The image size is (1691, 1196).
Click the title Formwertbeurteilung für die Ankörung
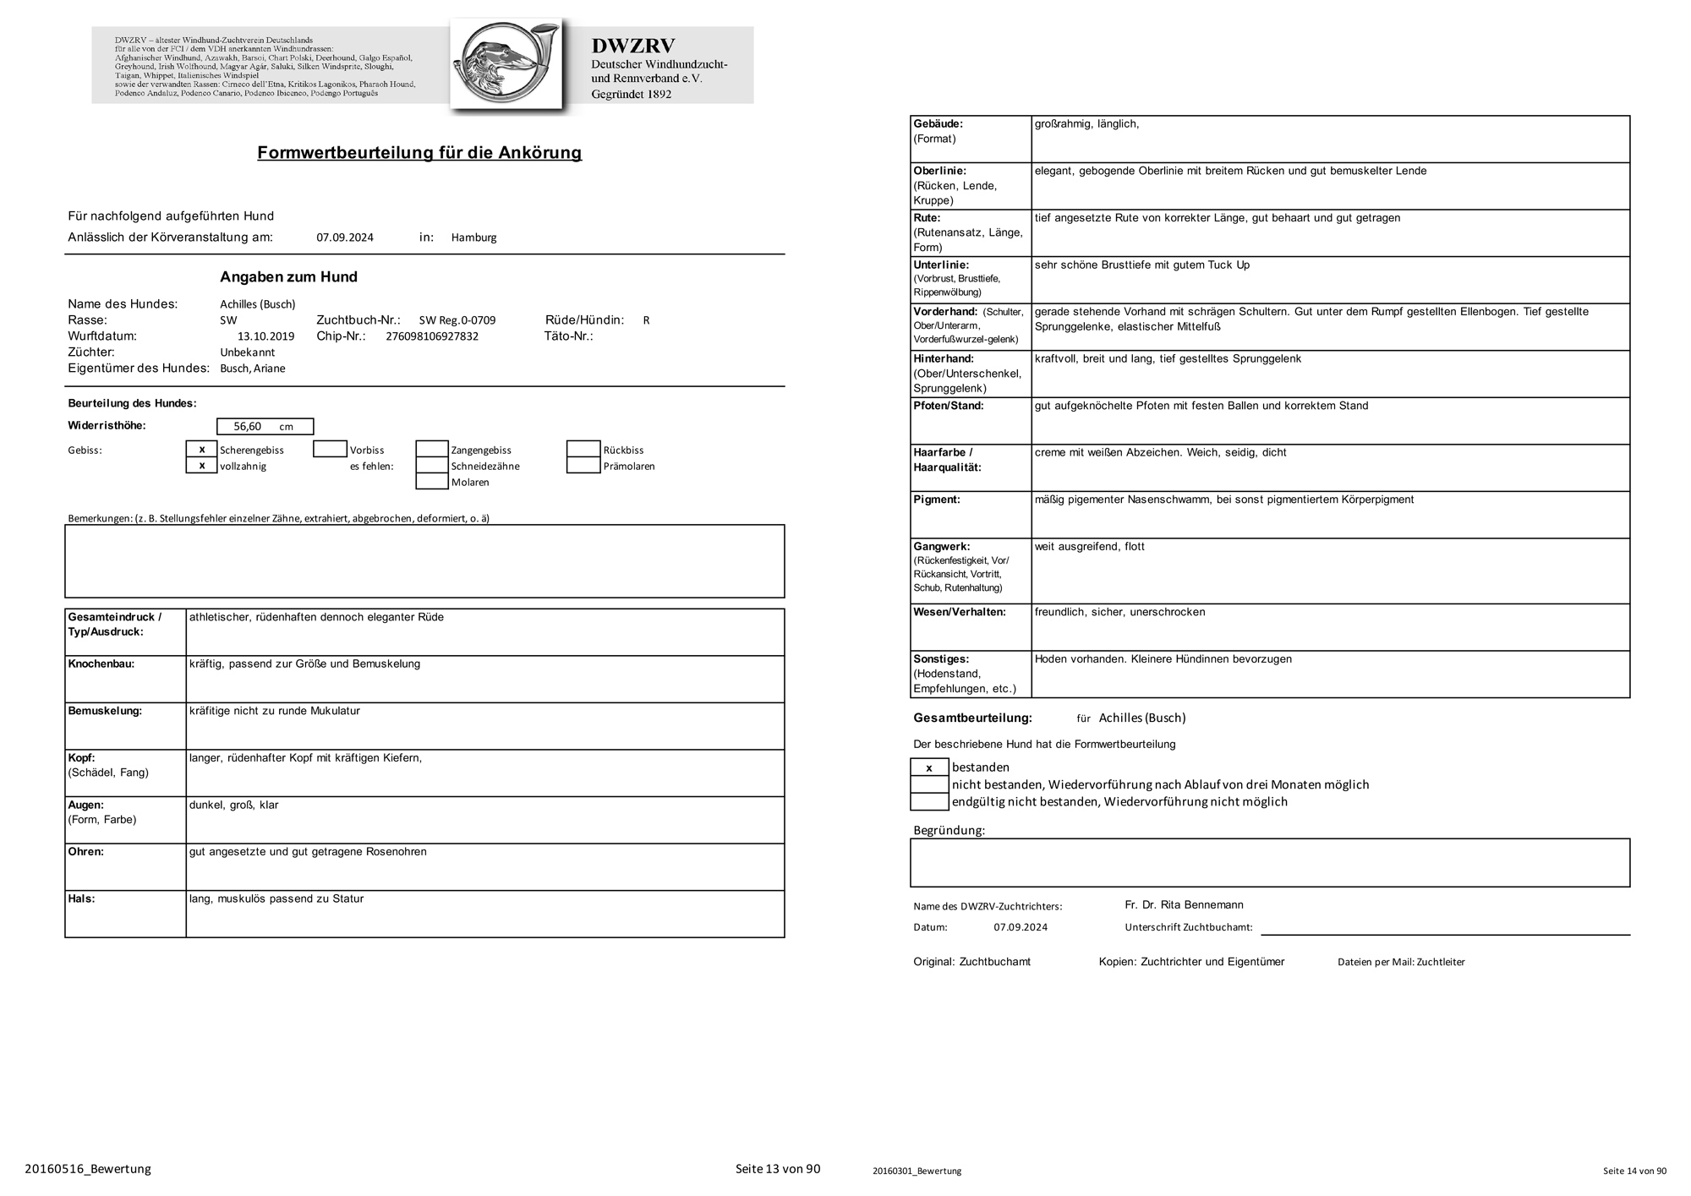419,153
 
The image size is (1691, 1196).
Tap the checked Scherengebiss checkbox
201,450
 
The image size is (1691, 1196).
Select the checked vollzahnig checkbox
201,466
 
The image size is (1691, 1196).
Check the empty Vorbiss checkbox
330,450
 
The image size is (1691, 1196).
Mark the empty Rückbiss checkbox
583,450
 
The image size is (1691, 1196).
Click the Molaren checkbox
431,482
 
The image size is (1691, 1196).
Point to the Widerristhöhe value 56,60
248,427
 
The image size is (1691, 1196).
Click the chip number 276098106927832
431,336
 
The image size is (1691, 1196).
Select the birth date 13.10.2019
265,336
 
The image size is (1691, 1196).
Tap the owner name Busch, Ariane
253,369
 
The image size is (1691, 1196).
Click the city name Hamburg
473,238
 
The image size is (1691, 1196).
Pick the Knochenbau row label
101,664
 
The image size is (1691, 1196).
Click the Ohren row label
85,852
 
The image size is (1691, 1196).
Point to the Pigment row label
936,500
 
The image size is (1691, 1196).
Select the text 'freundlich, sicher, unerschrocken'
1119,612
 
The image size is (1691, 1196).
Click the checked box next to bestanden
929,767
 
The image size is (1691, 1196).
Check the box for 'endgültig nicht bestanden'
929,801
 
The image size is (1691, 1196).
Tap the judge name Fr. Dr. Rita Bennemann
1184,905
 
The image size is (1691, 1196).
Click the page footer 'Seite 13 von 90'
777,1169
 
